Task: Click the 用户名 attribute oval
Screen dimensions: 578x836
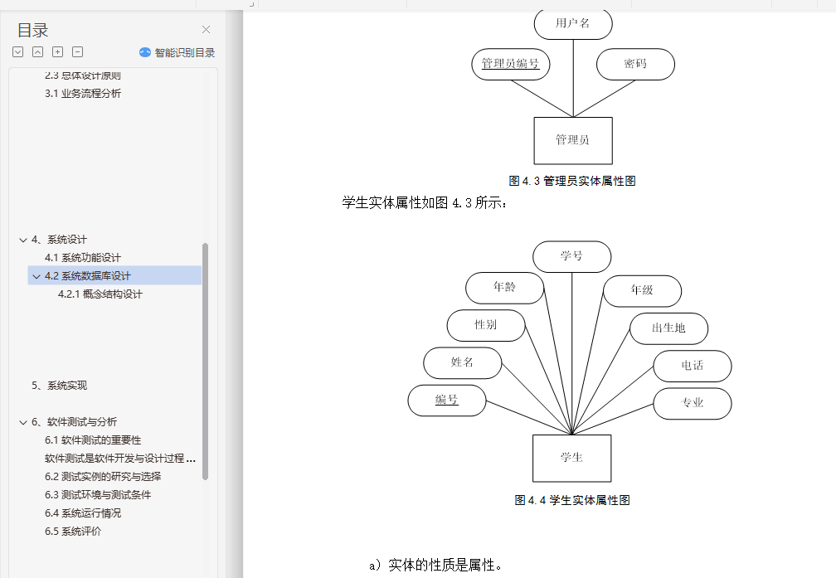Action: click(x=573, y=23)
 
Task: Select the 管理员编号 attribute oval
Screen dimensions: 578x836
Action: click(x=511, y=64)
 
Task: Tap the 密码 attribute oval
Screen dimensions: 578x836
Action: click(x=635, y=64)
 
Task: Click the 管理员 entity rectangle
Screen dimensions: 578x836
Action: click(x=573, y=140)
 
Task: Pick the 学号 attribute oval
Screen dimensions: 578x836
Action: click(x=571, y=256)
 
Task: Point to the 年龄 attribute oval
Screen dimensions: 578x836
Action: click(x=504, y=288)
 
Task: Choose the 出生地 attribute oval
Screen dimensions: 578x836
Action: click(x=668, y=328)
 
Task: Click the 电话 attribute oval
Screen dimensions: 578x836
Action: click(x=693, y=366)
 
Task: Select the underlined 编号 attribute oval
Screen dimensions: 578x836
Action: click(x=447, y=401)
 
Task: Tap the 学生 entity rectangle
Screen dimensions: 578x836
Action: click(x=571, y=458)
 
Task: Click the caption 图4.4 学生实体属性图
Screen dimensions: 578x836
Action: click(x=572, y=500)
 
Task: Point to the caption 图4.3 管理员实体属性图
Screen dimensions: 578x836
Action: click(x=572, y=181)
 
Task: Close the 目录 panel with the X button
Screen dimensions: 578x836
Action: click(x=206, y=30)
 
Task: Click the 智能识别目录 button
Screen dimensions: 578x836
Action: click(x=177, y=52)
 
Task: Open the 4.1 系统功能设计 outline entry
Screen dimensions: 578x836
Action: click(x=83, y=258)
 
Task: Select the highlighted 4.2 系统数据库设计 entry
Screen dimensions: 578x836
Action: click(x=88, y=276)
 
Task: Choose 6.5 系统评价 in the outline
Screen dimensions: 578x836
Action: click(x=73, y=532)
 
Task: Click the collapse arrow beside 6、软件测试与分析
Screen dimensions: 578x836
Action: click(x=23, y=422)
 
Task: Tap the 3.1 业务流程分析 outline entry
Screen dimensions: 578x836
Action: click(x=83, y=94)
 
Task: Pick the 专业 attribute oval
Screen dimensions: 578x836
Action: click(x=693, y=403)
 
